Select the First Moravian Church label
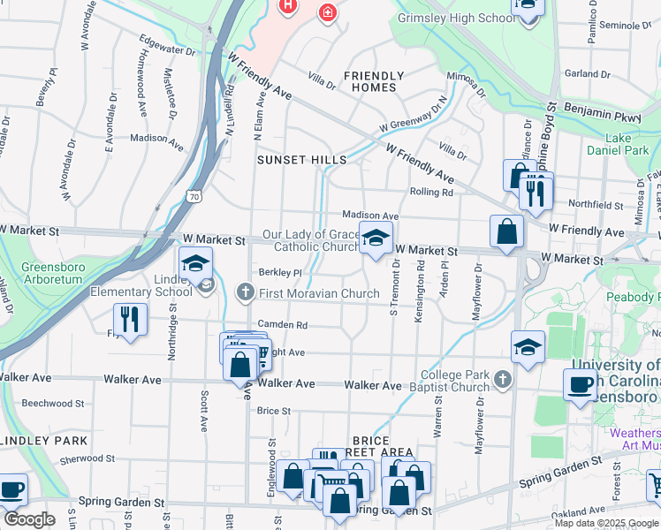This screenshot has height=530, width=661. (320, 293)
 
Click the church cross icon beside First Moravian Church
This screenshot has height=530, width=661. (248, 292)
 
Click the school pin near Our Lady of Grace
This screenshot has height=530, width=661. (376, 238)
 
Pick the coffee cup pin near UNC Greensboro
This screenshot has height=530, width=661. (581, 385)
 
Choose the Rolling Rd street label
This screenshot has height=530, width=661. (430, 192)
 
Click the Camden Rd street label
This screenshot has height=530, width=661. (283, 324)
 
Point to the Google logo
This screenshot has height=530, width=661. (29, 519)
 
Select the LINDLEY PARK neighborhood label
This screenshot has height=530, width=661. (43, 440)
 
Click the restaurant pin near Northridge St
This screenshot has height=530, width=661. (131, 321)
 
